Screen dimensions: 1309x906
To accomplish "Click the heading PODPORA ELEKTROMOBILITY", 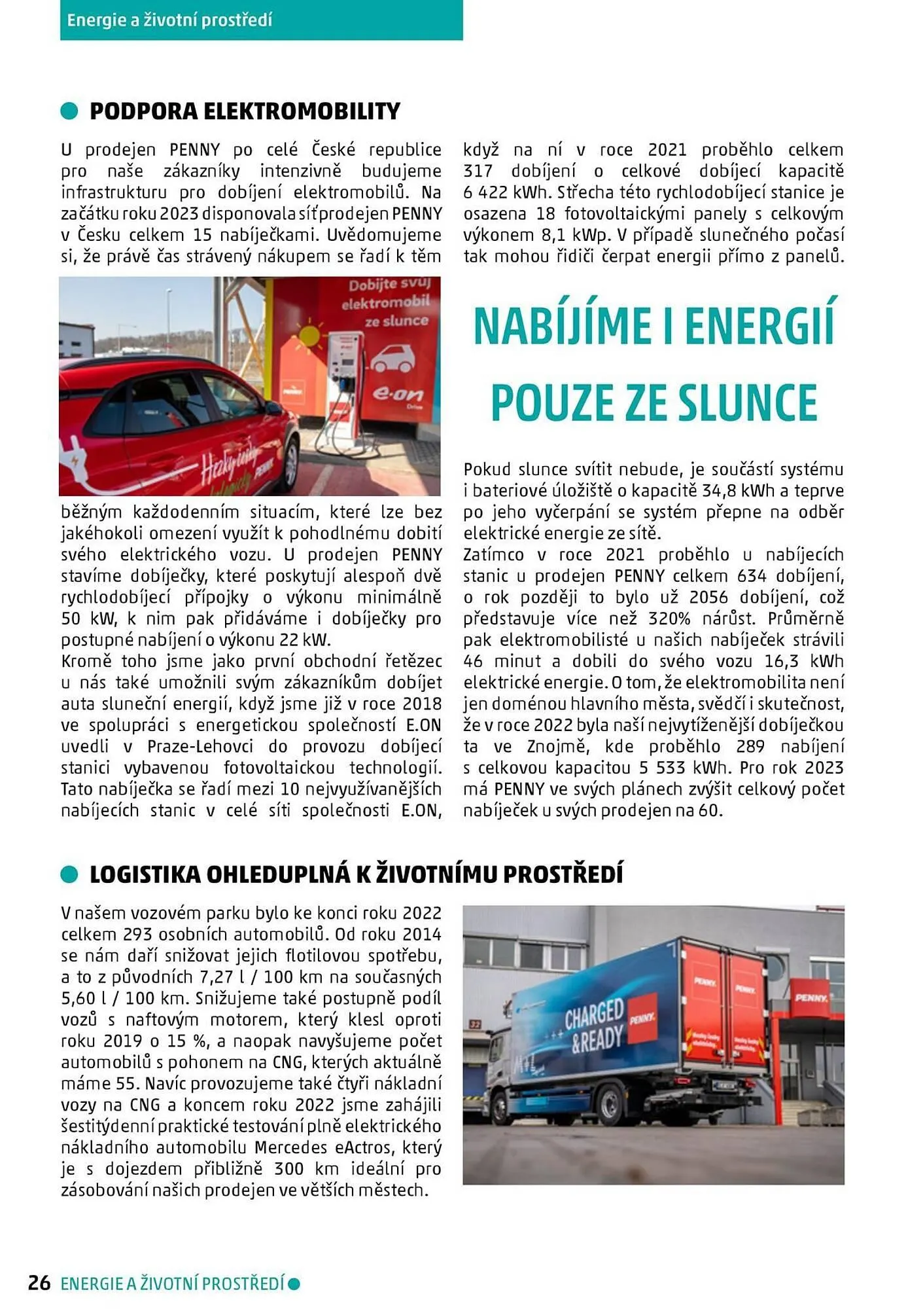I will click(245, 111).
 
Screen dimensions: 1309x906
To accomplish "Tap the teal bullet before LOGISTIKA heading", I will click(69, 874).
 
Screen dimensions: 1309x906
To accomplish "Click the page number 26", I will click(39, 1283).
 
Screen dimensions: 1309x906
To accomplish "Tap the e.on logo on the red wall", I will click(397, 395).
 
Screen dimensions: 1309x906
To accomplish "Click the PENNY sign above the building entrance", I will click(811, 998).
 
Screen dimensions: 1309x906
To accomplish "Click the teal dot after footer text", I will click(294, 1283).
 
